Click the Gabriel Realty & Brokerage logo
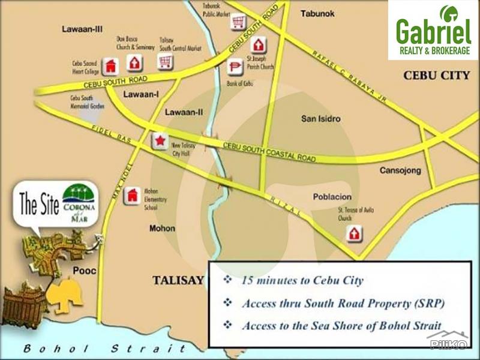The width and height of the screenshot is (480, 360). tap(433, 30)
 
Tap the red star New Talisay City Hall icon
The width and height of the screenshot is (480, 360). tap(160, 141)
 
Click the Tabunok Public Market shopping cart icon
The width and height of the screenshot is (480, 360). tap(238, 23)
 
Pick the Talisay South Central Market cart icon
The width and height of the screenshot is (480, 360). tap(165, 61)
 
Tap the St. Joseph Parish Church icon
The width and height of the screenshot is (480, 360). tap(259, 45)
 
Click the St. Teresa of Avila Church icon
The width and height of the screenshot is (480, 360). tap(355, 233)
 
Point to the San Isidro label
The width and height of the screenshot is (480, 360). tap(320, 119)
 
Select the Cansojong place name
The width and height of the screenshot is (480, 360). tap(400, 171)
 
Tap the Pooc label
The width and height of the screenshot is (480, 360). tap(85, 271)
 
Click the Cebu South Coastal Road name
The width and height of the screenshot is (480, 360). tap(269, 152)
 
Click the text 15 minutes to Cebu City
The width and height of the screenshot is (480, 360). tap(302, 280)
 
